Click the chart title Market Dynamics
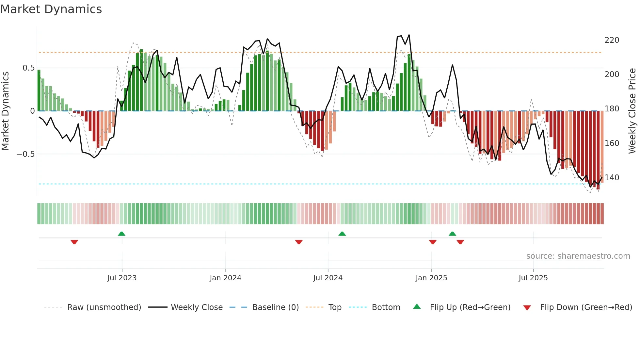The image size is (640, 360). point(51,9)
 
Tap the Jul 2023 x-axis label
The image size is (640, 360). point(122,278)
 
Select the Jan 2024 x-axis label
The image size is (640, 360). point(225,278)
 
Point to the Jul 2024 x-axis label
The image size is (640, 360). point(328,278)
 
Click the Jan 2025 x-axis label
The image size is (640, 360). point(431,278)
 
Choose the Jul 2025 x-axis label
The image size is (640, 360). point(533,278)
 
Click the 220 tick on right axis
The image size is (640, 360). point(612,40)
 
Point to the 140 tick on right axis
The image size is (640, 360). point(612,178)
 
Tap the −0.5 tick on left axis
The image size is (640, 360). point(25,154)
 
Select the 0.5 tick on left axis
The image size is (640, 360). point(28,68)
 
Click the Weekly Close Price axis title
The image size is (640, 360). point(632,111)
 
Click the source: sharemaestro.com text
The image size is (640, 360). point(578,256)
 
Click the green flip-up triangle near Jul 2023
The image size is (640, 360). point(121,234)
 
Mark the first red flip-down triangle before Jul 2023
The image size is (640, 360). point(74,242)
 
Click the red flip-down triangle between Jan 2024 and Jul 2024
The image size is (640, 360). point(299,242)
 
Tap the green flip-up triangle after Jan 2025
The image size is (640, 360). point(452,234)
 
